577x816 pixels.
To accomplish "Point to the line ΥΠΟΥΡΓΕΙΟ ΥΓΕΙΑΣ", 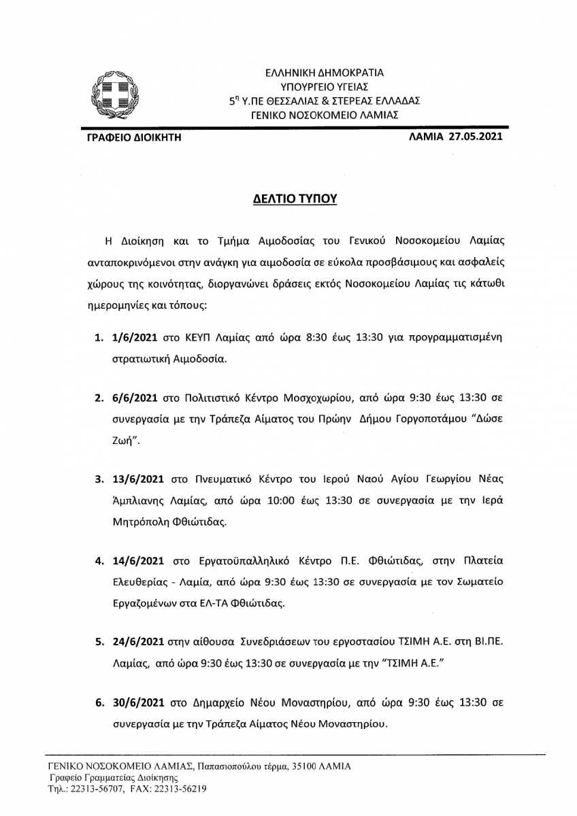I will coord(325,86).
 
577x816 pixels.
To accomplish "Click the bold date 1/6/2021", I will coord(133,337).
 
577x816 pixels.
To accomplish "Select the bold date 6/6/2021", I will coord(133,396).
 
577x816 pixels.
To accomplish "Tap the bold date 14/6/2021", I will coord(136,562).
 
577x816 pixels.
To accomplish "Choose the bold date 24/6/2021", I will coord(136,641).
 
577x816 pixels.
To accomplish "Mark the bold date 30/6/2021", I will coord(136,700).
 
